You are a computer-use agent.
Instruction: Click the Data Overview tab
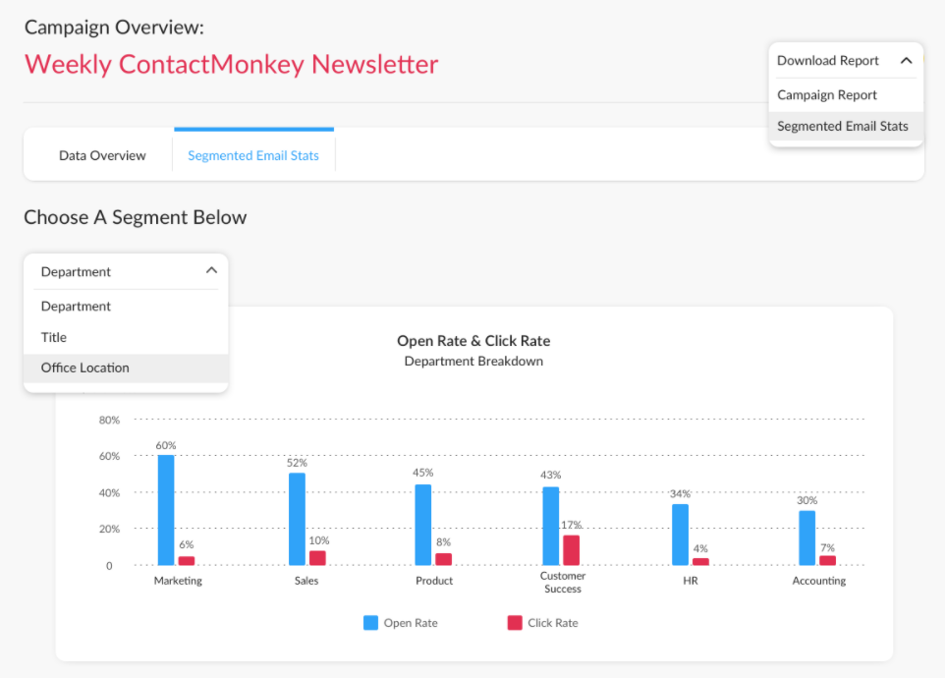pyautogui.click(x=102, y=155)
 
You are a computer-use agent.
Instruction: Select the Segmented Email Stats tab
pyautogui.click(x=253, y=155)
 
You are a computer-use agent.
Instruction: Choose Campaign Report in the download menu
pyautogui.click(x=827, y=95)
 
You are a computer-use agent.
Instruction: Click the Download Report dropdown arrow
pyautogui.click(x=906, y=61)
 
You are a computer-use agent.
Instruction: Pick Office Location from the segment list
pyautogui.click(x=85, y=367)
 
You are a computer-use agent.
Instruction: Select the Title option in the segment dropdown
pyautogui.click(x=54, y=337)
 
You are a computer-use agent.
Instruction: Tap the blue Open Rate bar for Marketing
pyautogui.click(x=166, y=510)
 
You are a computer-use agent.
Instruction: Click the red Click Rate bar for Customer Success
pyautogui.click(x=571, y=550)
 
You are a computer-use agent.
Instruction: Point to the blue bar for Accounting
pyautogui.click(x=806, y=537)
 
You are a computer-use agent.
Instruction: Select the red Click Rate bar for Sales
pyautogui.click(x=317, y=558)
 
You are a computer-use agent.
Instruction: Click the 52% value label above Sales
pyautogui.click(x=297, y=463)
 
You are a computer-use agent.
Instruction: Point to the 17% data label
pyautogui.click(x=571, y=525)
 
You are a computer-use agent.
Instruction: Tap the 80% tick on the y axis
pyautogui.click(x=109, y=421)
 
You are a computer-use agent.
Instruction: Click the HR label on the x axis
pyautogui.click(x=691, y=581)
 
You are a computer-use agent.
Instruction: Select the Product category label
pyautogui.click(x=434, y=581)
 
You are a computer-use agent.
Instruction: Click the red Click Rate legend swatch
pyautogui.click(x=515, y=622)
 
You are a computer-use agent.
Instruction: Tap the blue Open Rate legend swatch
pyautogui.click(x=370, y=622)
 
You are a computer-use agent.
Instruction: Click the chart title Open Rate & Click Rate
pyautogui.click(x=473, y=341)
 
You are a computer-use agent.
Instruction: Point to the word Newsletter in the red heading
pyautogui.click(x=374, y=65)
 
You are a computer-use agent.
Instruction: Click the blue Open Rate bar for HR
pyautogui.click(x=680, y=535)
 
